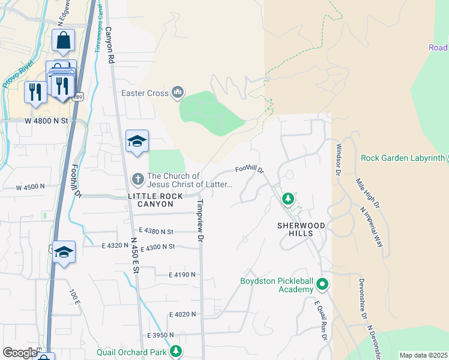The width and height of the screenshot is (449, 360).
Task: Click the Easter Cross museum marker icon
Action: (177, 92)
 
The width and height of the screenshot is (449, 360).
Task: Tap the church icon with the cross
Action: (137, 178)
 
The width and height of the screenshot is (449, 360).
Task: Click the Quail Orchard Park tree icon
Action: (176, 351)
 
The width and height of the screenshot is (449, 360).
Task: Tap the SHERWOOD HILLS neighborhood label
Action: (301, 225)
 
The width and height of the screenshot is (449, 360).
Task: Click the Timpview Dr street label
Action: (200, 221)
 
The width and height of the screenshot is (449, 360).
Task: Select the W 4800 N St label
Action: (46, 120)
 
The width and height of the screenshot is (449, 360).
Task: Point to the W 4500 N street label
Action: (30, 187)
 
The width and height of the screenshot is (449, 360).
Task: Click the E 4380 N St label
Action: (155, 230)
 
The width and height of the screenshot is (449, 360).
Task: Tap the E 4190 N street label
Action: (175, 274)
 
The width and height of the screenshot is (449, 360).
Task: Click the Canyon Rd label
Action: (109, 45)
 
